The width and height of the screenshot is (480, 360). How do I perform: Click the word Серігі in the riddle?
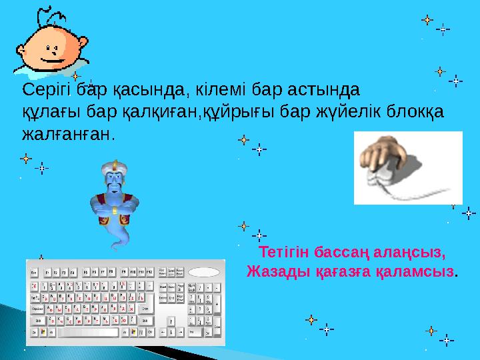pos(45,89)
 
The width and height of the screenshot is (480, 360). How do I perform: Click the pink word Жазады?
pos(273,272)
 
